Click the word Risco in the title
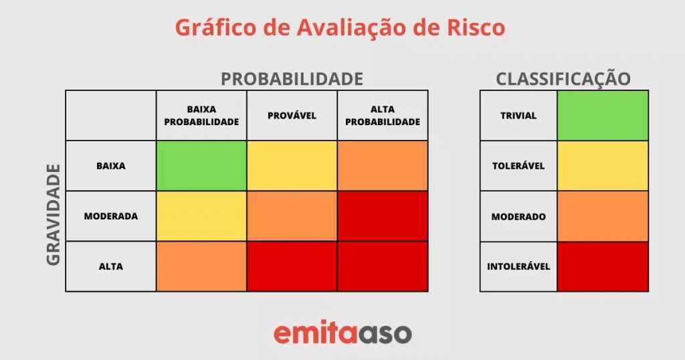pos(476,27)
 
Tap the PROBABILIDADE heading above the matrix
pos(292,79)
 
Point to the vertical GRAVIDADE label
pos(54,215)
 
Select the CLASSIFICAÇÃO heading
pos(563,79)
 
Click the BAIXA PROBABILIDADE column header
pos(201,115)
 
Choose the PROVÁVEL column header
pos(292,115)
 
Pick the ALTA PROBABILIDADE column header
pos(383,115)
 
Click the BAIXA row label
pos(111,166)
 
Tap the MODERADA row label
pos(111,216)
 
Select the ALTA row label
pos(111,266)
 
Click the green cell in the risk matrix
pos(201,165)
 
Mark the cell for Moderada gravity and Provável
pos(292,216)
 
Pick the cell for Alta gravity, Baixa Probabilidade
pos(201,266)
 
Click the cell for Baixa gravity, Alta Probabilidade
pos(383,165)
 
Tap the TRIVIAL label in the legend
pos(518,116)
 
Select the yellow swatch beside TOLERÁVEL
pos(603,165)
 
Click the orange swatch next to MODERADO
pos(603,216)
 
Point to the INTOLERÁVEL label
pos(518,266)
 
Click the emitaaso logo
pos(342,333)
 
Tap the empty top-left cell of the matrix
pos(111,115)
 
